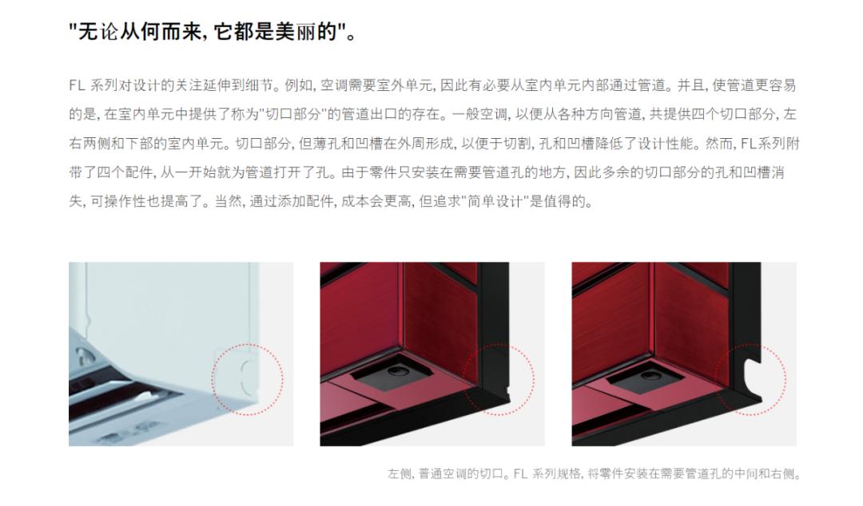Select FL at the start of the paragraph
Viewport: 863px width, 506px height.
(76, 85)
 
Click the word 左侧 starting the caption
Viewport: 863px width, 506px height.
(397, 474)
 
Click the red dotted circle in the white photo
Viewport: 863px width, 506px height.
(249, 379)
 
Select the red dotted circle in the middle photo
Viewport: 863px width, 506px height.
(499, 379)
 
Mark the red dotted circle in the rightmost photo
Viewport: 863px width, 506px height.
(750, 379)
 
